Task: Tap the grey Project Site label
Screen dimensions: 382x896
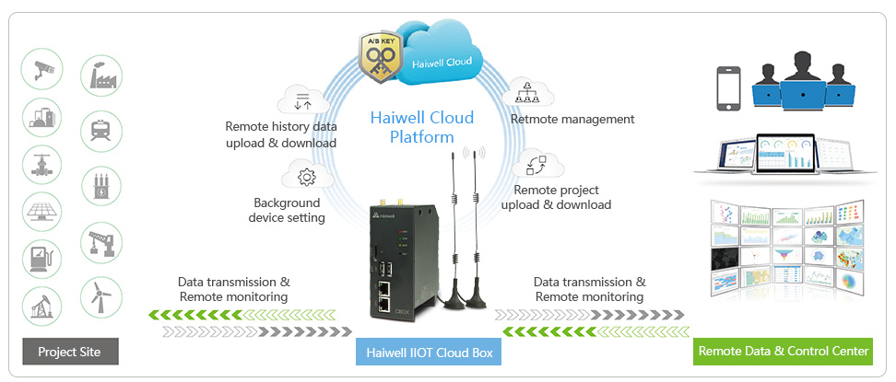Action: pos(69,352)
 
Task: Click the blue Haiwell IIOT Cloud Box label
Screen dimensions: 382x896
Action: pos(430,353)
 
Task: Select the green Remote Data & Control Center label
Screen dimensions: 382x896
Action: pos(783,351)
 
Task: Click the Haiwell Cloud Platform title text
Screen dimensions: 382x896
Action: pos(421,127)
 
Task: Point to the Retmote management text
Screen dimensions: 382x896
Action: pos(572,119)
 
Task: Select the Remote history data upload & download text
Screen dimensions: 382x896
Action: pos(281,134)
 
